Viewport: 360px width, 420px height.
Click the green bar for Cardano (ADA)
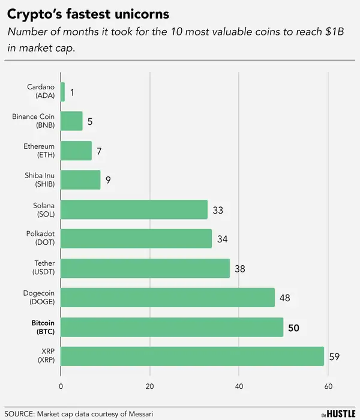pyautogui.click(x=63, y=92)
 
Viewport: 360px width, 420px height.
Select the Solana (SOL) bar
pyautogui.click(x=134, y=209)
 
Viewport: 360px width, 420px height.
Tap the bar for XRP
pyautogui.click(x=193, y=356)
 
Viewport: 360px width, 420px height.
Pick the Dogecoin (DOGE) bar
pyautogui.click(x=168, y=298)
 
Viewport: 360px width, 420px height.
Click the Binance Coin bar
pyautogui.click(x=72, y=121)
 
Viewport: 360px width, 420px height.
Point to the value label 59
pyautogui.click(x=335, y=357)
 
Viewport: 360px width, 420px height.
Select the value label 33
pyautogui.click(x=218, y=210)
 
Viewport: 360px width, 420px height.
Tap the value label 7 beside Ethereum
pyautogui.click(x=99, y=151)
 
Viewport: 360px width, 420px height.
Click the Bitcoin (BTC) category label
pyautogui.click(x=43, y=327)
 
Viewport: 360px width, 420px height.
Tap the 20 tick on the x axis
pyautogui.click(x=150, y=386)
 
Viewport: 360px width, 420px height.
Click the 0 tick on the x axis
pyautogui.click(x=61, y=386)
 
